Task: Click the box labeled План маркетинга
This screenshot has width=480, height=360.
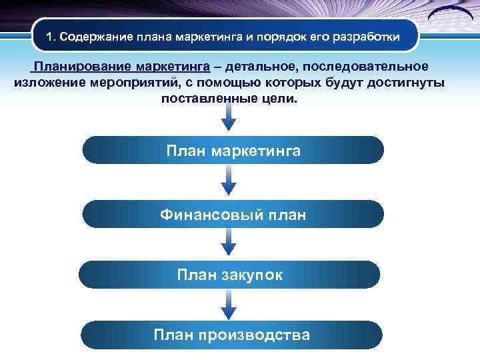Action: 233,151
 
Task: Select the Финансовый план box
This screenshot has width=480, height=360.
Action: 233,215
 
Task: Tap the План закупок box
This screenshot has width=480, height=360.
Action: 229,275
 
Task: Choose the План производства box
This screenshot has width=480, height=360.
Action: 231,335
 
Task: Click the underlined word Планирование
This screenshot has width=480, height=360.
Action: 83,67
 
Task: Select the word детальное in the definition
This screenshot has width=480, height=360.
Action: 262,67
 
